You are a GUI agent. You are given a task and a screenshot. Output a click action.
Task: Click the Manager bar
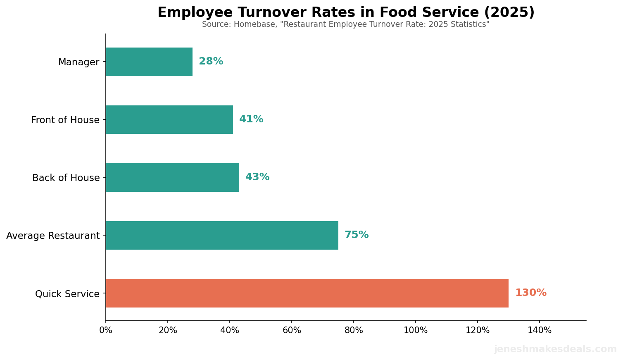[149, 62]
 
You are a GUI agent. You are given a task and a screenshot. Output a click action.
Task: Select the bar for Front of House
[169, 119]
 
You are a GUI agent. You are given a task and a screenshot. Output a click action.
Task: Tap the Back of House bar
[172, 177]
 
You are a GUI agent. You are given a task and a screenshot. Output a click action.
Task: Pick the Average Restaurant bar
[222, 235]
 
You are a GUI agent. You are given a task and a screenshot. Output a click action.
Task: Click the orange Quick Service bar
[307, 293]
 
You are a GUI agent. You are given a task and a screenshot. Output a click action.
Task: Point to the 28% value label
[211, 62]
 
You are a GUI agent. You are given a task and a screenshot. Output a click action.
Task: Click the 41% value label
[251, 119]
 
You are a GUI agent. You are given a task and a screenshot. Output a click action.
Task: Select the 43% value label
[257, 177]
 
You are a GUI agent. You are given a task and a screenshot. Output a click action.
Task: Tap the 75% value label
[357, 235]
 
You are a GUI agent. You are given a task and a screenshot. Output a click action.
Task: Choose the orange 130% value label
[530, 293]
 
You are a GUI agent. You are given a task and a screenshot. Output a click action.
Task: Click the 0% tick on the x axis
[106, 330]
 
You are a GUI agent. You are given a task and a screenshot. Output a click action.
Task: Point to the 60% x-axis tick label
[292, 330]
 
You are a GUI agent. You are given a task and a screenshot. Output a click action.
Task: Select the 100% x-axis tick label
[416, 330]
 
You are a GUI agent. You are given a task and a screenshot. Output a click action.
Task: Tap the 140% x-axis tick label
[540, 330]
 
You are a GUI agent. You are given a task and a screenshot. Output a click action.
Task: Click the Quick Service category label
[67, 294]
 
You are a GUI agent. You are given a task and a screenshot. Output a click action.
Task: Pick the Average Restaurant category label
[53, 236]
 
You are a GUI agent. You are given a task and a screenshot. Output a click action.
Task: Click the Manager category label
[78, 62]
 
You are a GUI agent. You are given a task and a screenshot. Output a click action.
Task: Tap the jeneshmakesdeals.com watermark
[555, 349]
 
